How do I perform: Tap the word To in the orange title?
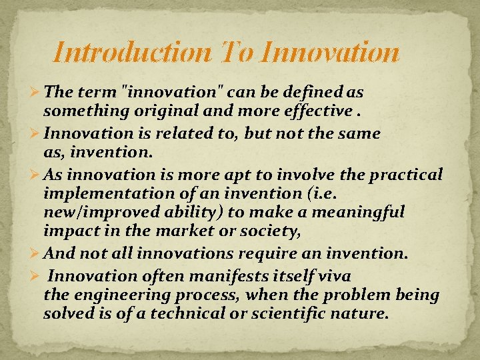(234, 53)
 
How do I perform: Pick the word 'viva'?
(335, 276)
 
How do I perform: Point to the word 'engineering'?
(109, 295)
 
